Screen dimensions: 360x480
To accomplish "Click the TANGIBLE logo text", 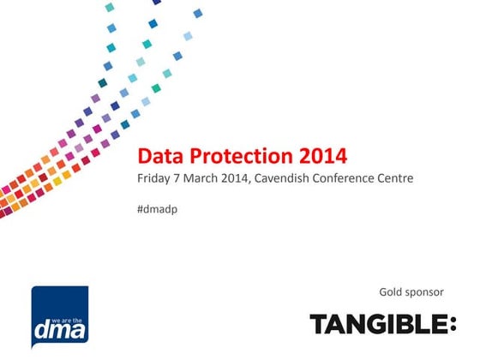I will click(x=377, y=325).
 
